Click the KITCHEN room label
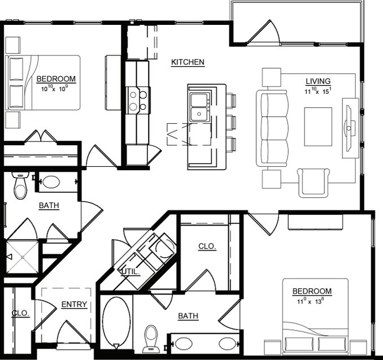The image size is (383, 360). pos(188,62)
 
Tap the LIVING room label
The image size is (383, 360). pos(318,81)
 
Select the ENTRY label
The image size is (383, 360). pos(74,305)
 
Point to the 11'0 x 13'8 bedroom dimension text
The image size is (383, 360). pos(311,301)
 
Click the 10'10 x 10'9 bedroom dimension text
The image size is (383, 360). pos(56,89)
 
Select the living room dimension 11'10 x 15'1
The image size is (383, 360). pos(318,90)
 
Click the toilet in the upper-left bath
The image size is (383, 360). pos(20,186)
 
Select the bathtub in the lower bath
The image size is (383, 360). pos(115,323)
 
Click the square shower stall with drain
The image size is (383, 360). pos(22,257)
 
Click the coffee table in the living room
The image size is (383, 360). pos(318,126)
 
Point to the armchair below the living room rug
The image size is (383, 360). pos(314,181)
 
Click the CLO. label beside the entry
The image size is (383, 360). pos(20,313)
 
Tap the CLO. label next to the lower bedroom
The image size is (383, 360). pos(207,246)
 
